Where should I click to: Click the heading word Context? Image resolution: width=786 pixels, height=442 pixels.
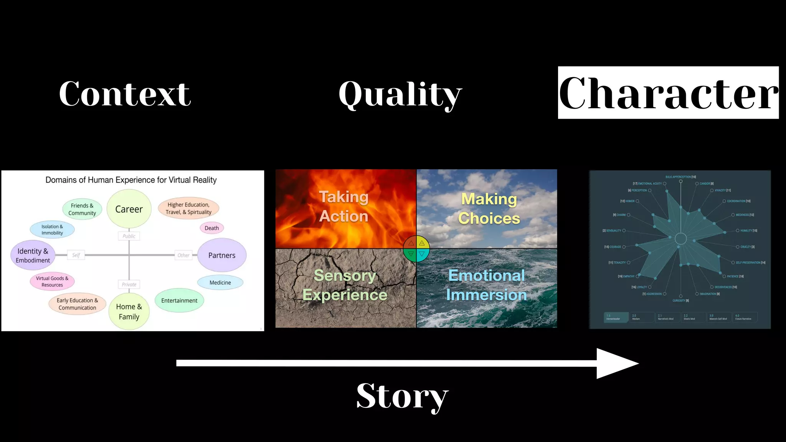point(125,94)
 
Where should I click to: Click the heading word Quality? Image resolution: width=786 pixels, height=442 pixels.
point(400,94)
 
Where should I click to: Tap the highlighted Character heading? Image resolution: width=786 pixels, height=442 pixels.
point(668,93)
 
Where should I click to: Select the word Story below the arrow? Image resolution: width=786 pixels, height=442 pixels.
point(402,396)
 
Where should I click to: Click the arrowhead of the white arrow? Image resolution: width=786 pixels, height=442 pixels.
point(616,363)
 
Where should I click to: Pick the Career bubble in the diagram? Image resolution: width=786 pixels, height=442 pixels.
point(129,209)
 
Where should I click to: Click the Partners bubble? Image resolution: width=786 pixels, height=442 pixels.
point(222,255)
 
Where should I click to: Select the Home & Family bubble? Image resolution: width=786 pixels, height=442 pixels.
point(129,312)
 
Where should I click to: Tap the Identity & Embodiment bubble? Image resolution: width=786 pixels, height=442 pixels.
point(33,255)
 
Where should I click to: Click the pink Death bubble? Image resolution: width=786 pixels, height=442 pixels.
point(211,228)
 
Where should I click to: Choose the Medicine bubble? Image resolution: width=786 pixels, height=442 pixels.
point(220,282)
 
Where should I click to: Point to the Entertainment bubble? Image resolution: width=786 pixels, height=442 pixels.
point(179,300)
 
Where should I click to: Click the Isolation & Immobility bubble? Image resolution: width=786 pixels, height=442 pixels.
point(52,229)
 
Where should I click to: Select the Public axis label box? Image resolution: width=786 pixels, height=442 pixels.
point(129,236)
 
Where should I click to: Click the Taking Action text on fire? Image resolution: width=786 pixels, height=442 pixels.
point(344,206)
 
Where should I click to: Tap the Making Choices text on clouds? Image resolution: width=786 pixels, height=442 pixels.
point(489,208)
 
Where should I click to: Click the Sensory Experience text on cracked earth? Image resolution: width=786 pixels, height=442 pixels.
point(345,285)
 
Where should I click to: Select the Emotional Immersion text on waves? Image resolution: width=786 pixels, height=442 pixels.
point(486,285)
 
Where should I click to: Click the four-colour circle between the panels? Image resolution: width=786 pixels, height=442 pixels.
point(416,249)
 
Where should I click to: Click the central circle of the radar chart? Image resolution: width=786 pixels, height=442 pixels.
point(680,239)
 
